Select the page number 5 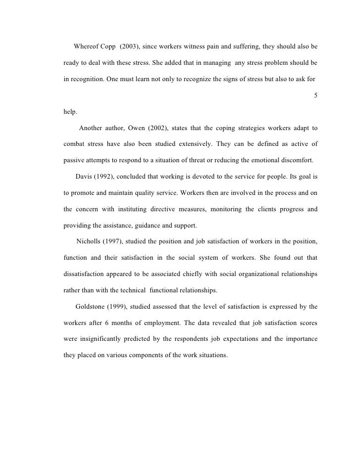click(316, 95)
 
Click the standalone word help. click(71, 112)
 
